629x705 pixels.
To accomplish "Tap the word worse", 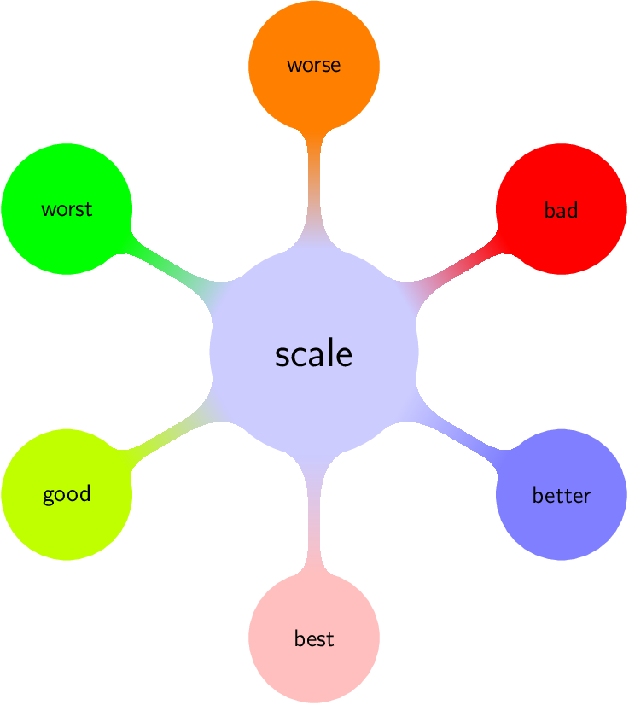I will [x=313, y=65].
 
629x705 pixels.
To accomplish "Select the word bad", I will [x=561, y=210].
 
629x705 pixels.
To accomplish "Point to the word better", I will [x=561, y=495].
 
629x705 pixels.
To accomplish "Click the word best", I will [x=313, y=638].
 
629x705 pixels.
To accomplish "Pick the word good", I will [x=67, y=495].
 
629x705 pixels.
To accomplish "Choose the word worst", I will [x=67, y=209].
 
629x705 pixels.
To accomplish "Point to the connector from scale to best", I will [x=313, y=521].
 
